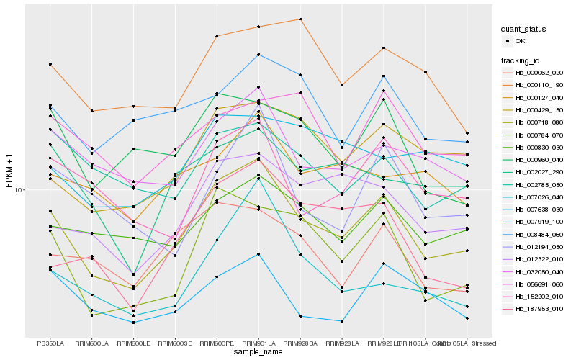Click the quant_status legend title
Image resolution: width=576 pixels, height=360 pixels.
[523, 30]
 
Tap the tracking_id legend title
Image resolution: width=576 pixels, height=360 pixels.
[521, 60]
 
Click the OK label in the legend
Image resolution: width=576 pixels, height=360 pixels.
[520, 42]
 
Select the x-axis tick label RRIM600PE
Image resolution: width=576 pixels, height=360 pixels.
[217, 343]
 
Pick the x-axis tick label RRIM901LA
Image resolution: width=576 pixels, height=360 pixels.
[258, 343]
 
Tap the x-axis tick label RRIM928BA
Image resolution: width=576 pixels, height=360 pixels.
[300, 343]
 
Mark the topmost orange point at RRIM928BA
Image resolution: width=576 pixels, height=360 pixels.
[300, 19]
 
